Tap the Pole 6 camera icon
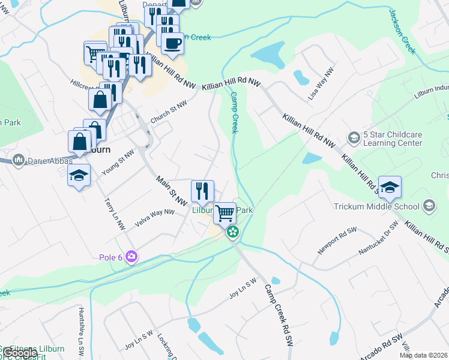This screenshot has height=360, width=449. [x=131, y=257]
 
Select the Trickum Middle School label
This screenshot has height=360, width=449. [x=376, y=207]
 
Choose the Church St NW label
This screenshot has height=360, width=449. [x=169, y=112]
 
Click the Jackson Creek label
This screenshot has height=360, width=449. [x=402, y=31]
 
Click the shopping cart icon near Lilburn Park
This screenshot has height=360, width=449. [x=224, y=212]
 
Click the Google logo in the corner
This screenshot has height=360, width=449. [x=19, y=353]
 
